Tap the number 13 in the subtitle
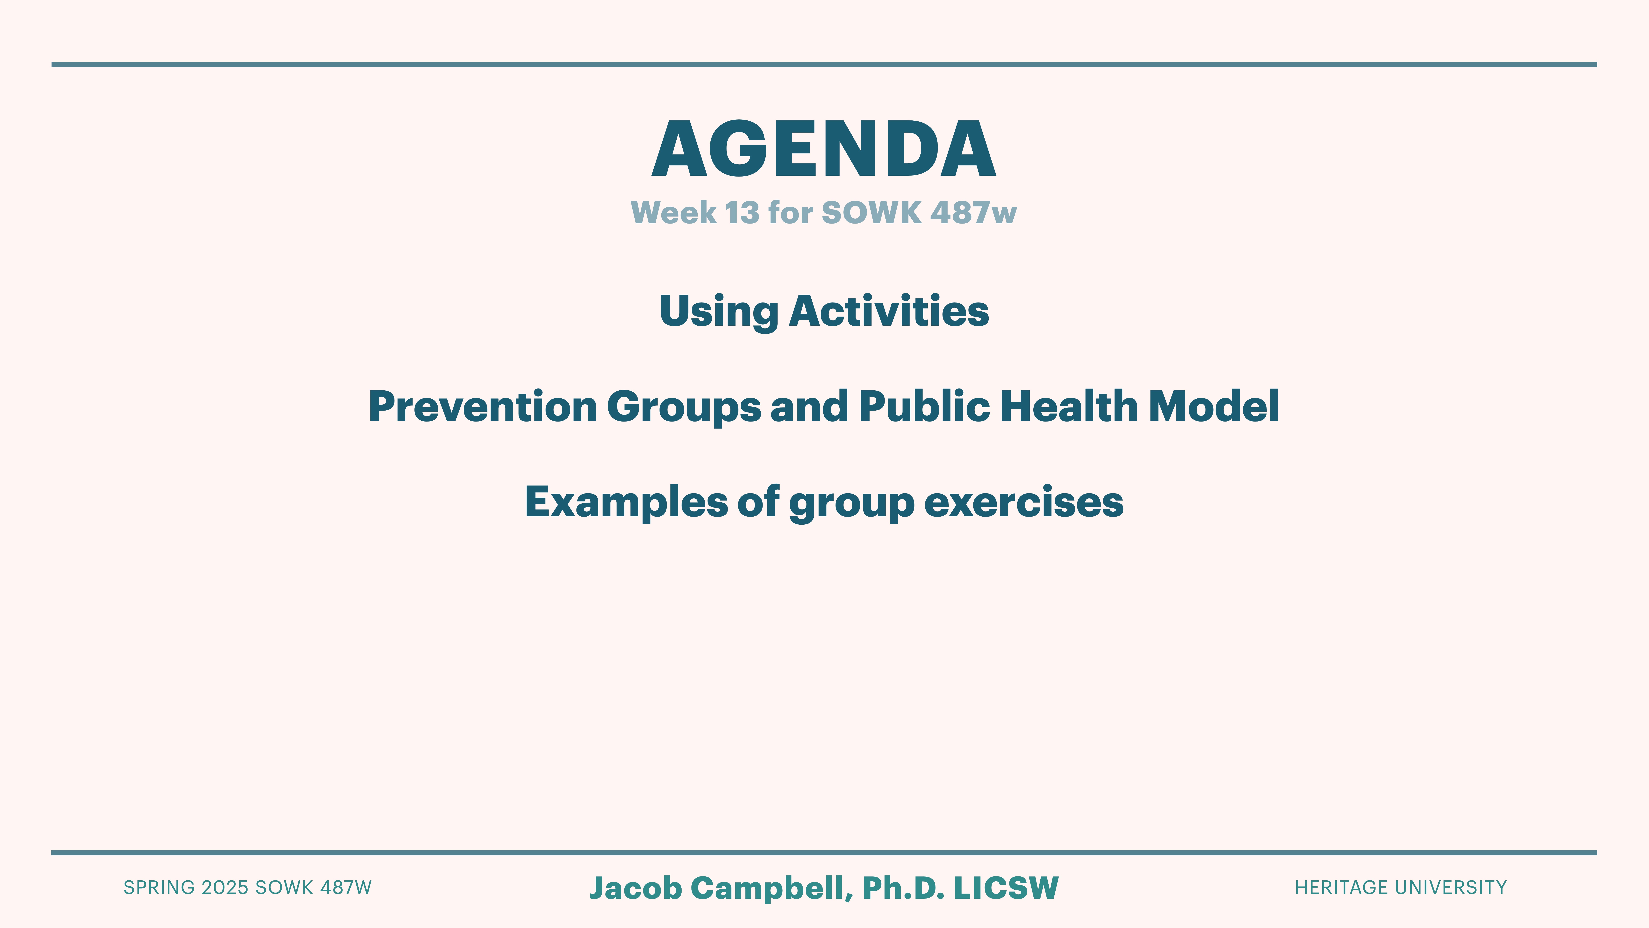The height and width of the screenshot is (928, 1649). click(742, 213)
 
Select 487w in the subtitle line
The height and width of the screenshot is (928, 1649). click(973, 213)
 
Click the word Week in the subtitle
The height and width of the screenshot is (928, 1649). click(673, 213)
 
